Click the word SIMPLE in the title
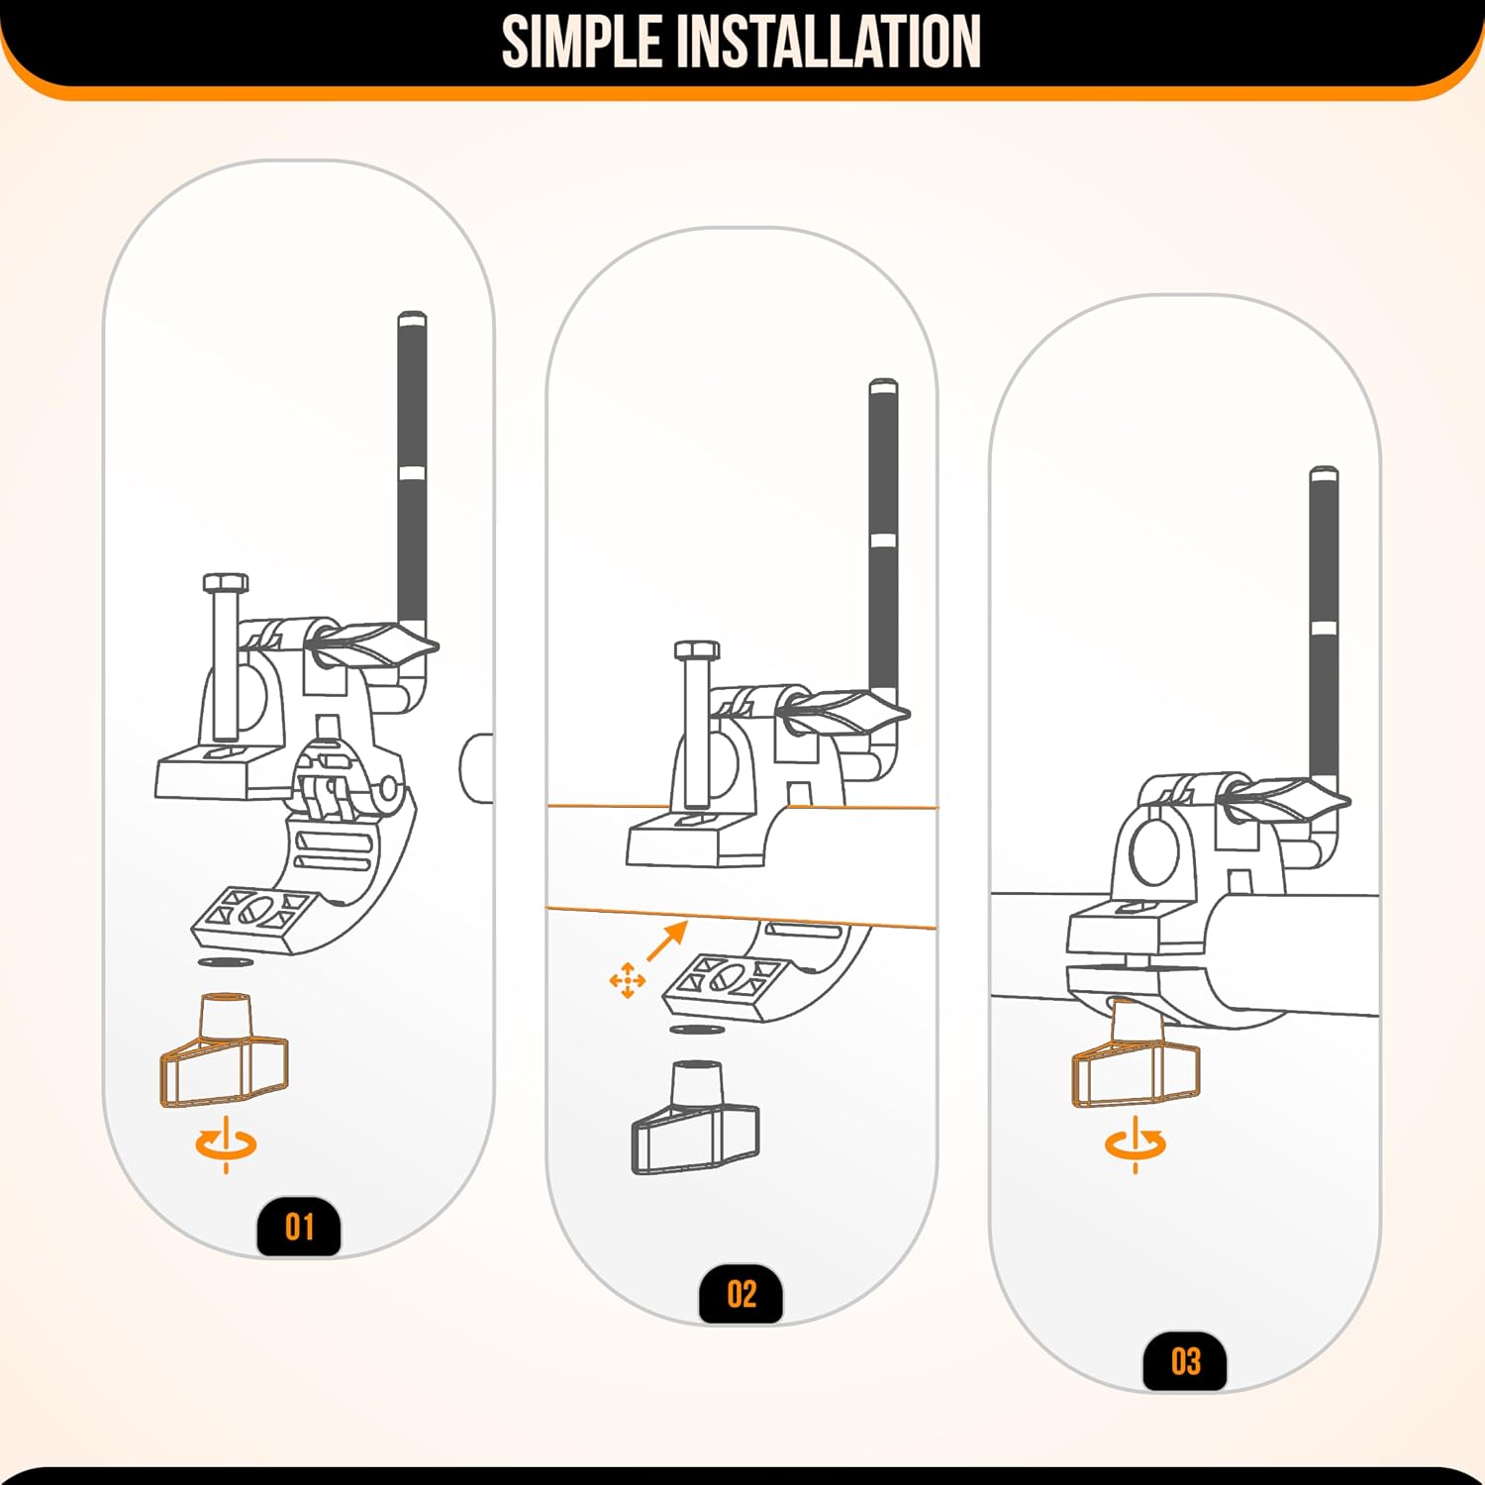(x=582, y=42)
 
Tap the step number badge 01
(x=299, y=1228)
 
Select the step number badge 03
(x=1185, y=1362)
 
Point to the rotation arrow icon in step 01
(x=226, y=1144)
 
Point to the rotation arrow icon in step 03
(x=1136, y=1144)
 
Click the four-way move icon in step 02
(x=628, y=980)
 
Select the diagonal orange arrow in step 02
(x=667, y=940)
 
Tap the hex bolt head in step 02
(x=697, y=649)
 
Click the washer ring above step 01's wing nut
(x=224, y=962)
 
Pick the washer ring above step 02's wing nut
(x=695, y=1031)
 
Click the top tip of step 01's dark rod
(x=412, y=315)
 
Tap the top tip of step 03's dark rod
(x=1324, y=469)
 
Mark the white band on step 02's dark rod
(x=883, y=541)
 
